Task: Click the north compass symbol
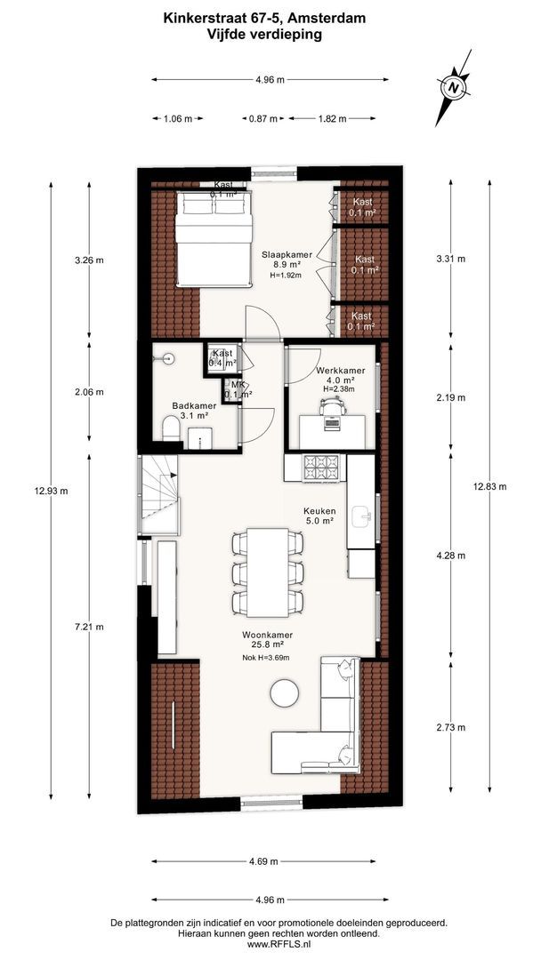pyautogui.click(x=454, y=87)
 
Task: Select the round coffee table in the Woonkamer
pyautogui.click(x=285, y=692)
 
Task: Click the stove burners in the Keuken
pyautogui.click(x=320, y=468)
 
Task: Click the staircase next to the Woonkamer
pyautogui.click(x=158, y=495)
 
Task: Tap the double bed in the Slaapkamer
pyautogui.click(x=214, y=239)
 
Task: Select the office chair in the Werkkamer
pyautogui.click(x=332, y=404)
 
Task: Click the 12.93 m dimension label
pyautogui.click(x=51, y=490)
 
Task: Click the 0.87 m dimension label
pyautogui.click(x=262, y=119)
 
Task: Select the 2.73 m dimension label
pyautogui.click(x=450, y=727)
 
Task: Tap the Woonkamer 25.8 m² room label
pyautogui.click(x=267, y=639)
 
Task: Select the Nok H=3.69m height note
pyautogui.click(x=266, y=658)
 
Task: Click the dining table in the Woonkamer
pyautogui.click(x=267, y=572)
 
